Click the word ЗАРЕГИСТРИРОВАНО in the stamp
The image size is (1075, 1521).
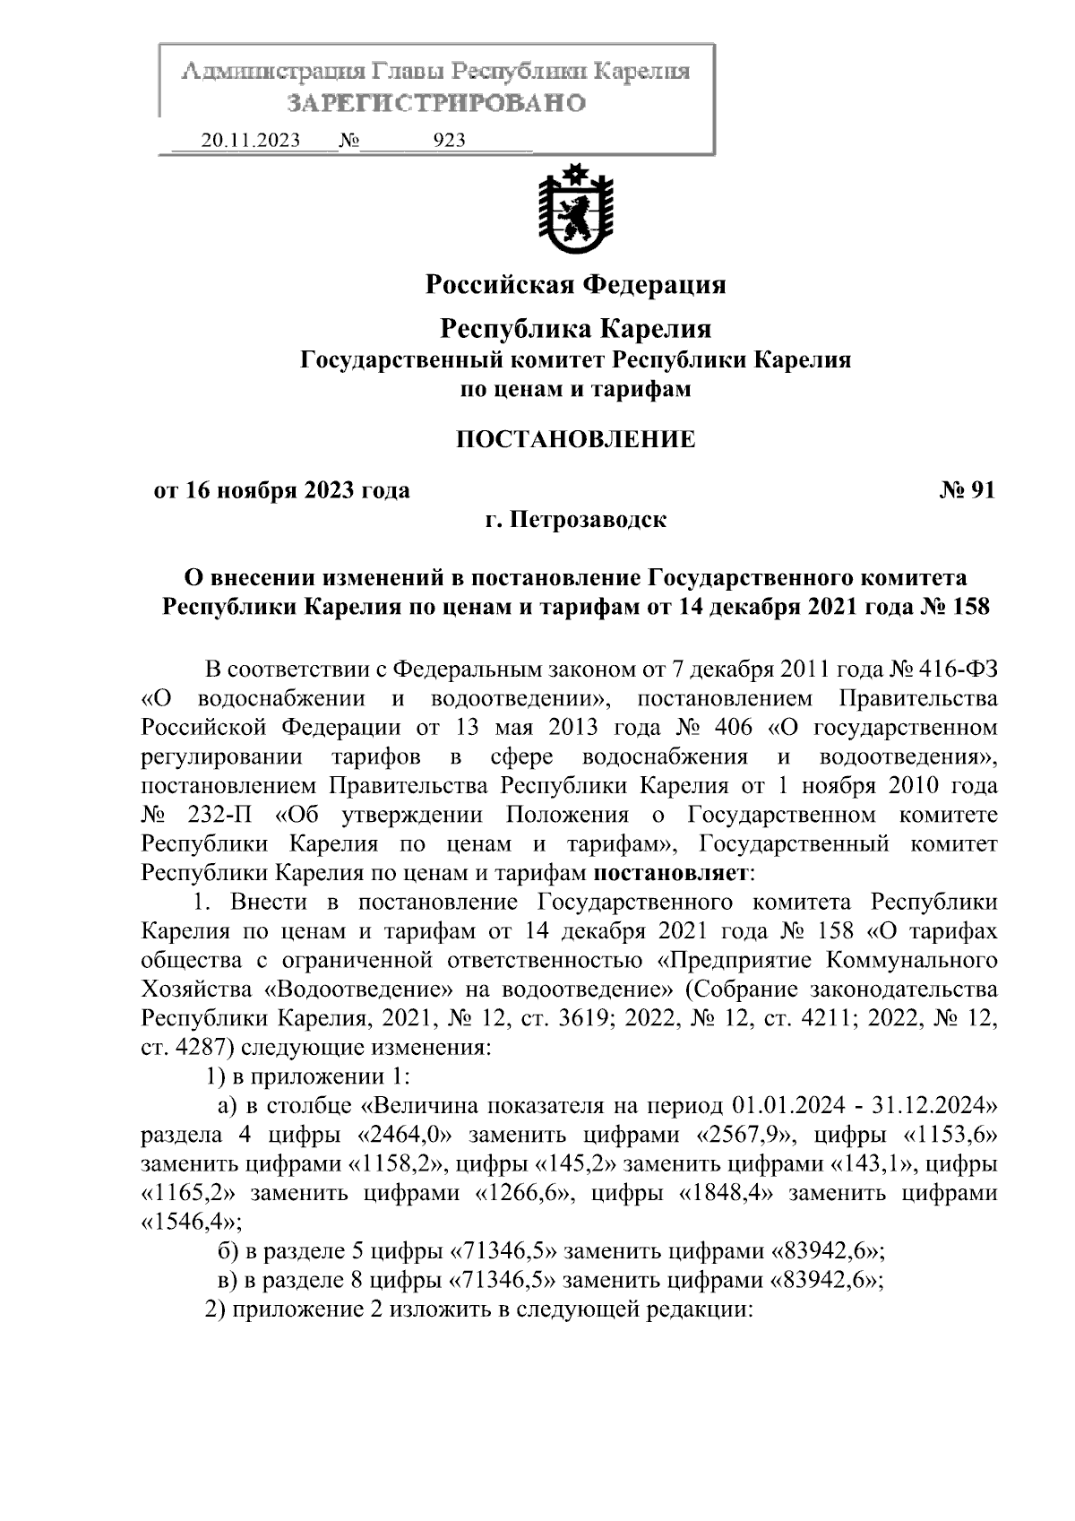(x=436, y=103)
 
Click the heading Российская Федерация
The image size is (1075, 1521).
(x=575, y=285)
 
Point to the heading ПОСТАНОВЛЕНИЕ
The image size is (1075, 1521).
(x=575, y=439)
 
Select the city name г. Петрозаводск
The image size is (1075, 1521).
(x=575, y=520)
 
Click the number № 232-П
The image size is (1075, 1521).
(x=199, y=815)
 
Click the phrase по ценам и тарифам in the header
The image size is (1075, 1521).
(x=575, y=390)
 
